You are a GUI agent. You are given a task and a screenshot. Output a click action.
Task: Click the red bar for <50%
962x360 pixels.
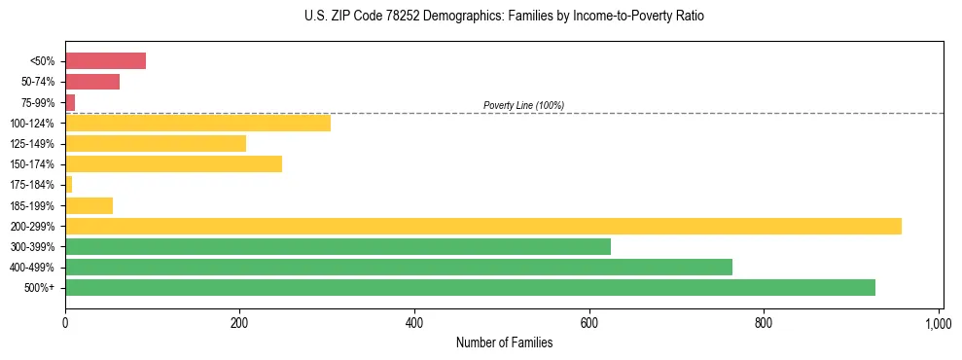click(105, 61)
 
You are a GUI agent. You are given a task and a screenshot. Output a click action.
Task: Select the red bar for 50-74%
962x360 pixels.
click(92, 82)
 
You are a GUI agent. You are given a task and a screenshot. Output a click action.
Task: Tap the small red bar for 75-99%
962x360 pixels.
click(70, 102)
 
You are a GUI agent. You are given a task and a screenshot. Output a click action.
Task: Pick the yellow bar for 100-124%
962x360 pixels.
click(197, 123)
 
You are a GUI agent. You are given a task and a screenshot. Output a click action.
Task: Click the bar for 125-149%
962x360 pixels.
click(156, 144)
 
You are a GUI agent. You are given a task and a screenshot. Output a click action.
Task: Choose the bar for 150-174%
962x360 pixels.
click(173, 164)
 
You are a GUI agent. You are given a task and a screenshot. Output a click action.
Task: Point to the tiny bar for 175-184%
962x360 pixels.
click(69, 185)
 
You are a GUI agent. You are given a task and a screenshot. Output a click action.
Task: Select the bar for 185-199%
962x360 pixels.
click(89, 205)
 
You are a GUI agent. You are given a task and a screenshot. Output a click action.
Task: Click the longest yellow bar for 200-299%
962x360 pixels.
click(482, 226)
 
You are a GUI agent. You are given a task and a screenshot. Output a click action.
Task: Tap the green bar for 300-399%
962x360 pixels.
click(338, 246)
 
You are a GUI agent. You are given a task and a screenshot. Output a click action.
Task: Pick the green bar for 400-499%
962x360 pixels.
click(399, 267)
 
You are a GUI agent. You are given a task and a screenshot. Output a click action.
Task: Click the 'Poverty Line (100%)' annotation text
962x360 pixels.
click(523, 105)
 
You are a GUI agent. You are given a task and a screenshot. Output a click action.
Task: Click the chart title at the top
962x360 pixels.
click(503, 17)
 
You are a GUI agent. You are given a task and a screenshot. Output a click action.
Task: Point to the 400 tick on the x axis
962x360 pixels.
click(414, 323)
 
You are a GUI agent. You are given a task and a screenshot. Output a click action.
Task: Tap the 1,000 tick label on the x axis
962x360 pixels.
click(938, 323)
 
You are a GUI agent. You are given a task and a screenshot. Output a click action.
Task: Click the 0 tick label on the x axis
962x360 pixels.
click(65, 323)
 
